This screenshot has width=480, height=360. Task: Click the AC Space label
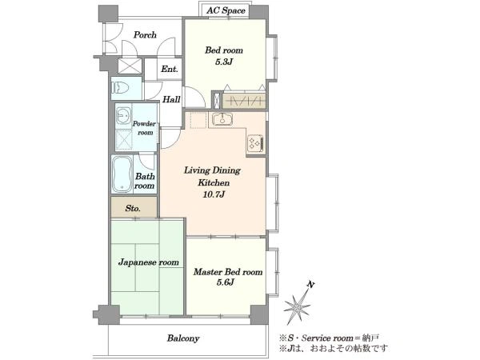tap(226, 10)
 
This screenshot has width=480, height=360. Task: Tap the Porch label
tap(145, 35)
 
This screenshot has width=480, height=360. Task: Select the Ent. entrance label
tap(170, 69)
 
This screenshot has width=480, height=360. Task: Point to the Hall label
tap(171, 99)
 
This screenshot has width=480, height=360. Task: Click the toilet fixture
tap(121, 88)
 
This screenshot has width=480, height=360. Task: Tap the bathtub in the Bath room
tap(122, 174)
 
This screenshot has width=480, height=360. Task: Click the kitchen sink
tap(222, 119)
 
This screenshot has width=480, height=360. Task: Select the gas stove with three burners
tap(256, 142)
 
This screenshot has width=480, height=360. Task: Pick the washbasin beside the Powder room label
tap(123, 116)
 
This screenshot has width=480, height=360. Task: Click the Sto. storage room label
tap(133, 209)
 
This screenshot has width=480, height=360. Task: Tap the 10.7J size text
tap(214, 194)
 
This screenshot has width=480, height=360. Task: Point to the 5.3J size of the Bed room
tap(224, 62)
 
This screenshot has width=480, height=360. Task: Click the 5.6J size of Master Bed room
tap(226, 282)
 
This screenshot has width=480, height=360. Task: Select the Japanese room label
tap(149, 262)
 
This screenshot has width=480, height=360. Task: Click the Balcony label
tap(183, 338)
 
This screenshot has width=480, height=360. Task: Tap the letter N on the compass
tap(310, 285)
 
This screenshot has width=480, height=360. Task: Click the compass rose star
tap(297, 306)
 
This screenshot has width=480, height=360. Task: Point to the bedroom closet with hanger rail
tap(243, 101)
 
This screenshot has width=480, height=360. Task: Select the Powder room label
tap(144, 128)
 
